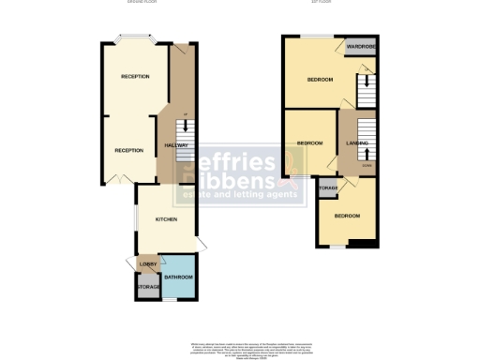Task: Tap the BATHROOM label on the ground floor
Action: [178, 277]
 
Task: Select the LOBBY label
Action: [148, 265]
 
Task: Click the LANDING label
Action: [356, 142]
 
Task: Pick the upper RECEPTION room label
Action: [135, 76]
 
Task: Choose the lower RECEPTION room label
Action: [129, 150]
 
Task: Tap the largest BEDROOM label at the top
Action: [320, 80]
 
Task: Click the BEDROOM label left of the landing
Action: [309, 142]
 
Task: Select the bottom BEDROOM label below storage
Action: [347, 215]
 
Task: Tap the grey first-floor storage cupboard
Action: [327, 189]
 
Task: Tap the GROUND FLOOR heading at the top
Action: [143, 3]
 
